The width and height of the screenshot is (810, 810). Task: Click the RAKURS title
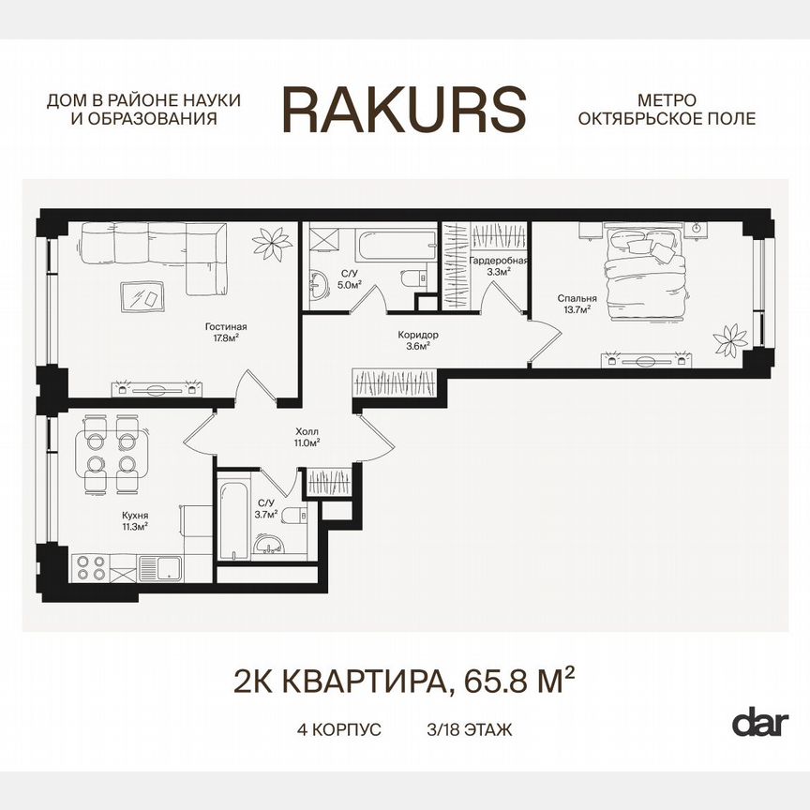click(x=404, y=109)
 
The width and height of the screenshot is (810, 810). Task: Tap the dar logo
click(x=759, y=723)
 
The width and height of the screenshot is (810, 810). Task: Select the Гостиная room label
click(x=226, y=327)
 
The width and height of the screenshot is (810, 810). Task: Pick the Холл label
click(x=307, y=431)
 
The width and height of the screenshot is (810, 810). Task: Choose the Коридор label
click(x=417, y=335)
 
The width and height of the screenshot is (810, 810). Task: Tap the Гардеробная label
click(x=499, y=261)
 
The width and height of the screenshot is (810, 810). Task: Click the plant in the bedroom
click(x=727, y=336)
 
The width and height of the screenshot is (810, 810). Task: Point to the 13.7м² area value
click(x=575, y=310)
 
